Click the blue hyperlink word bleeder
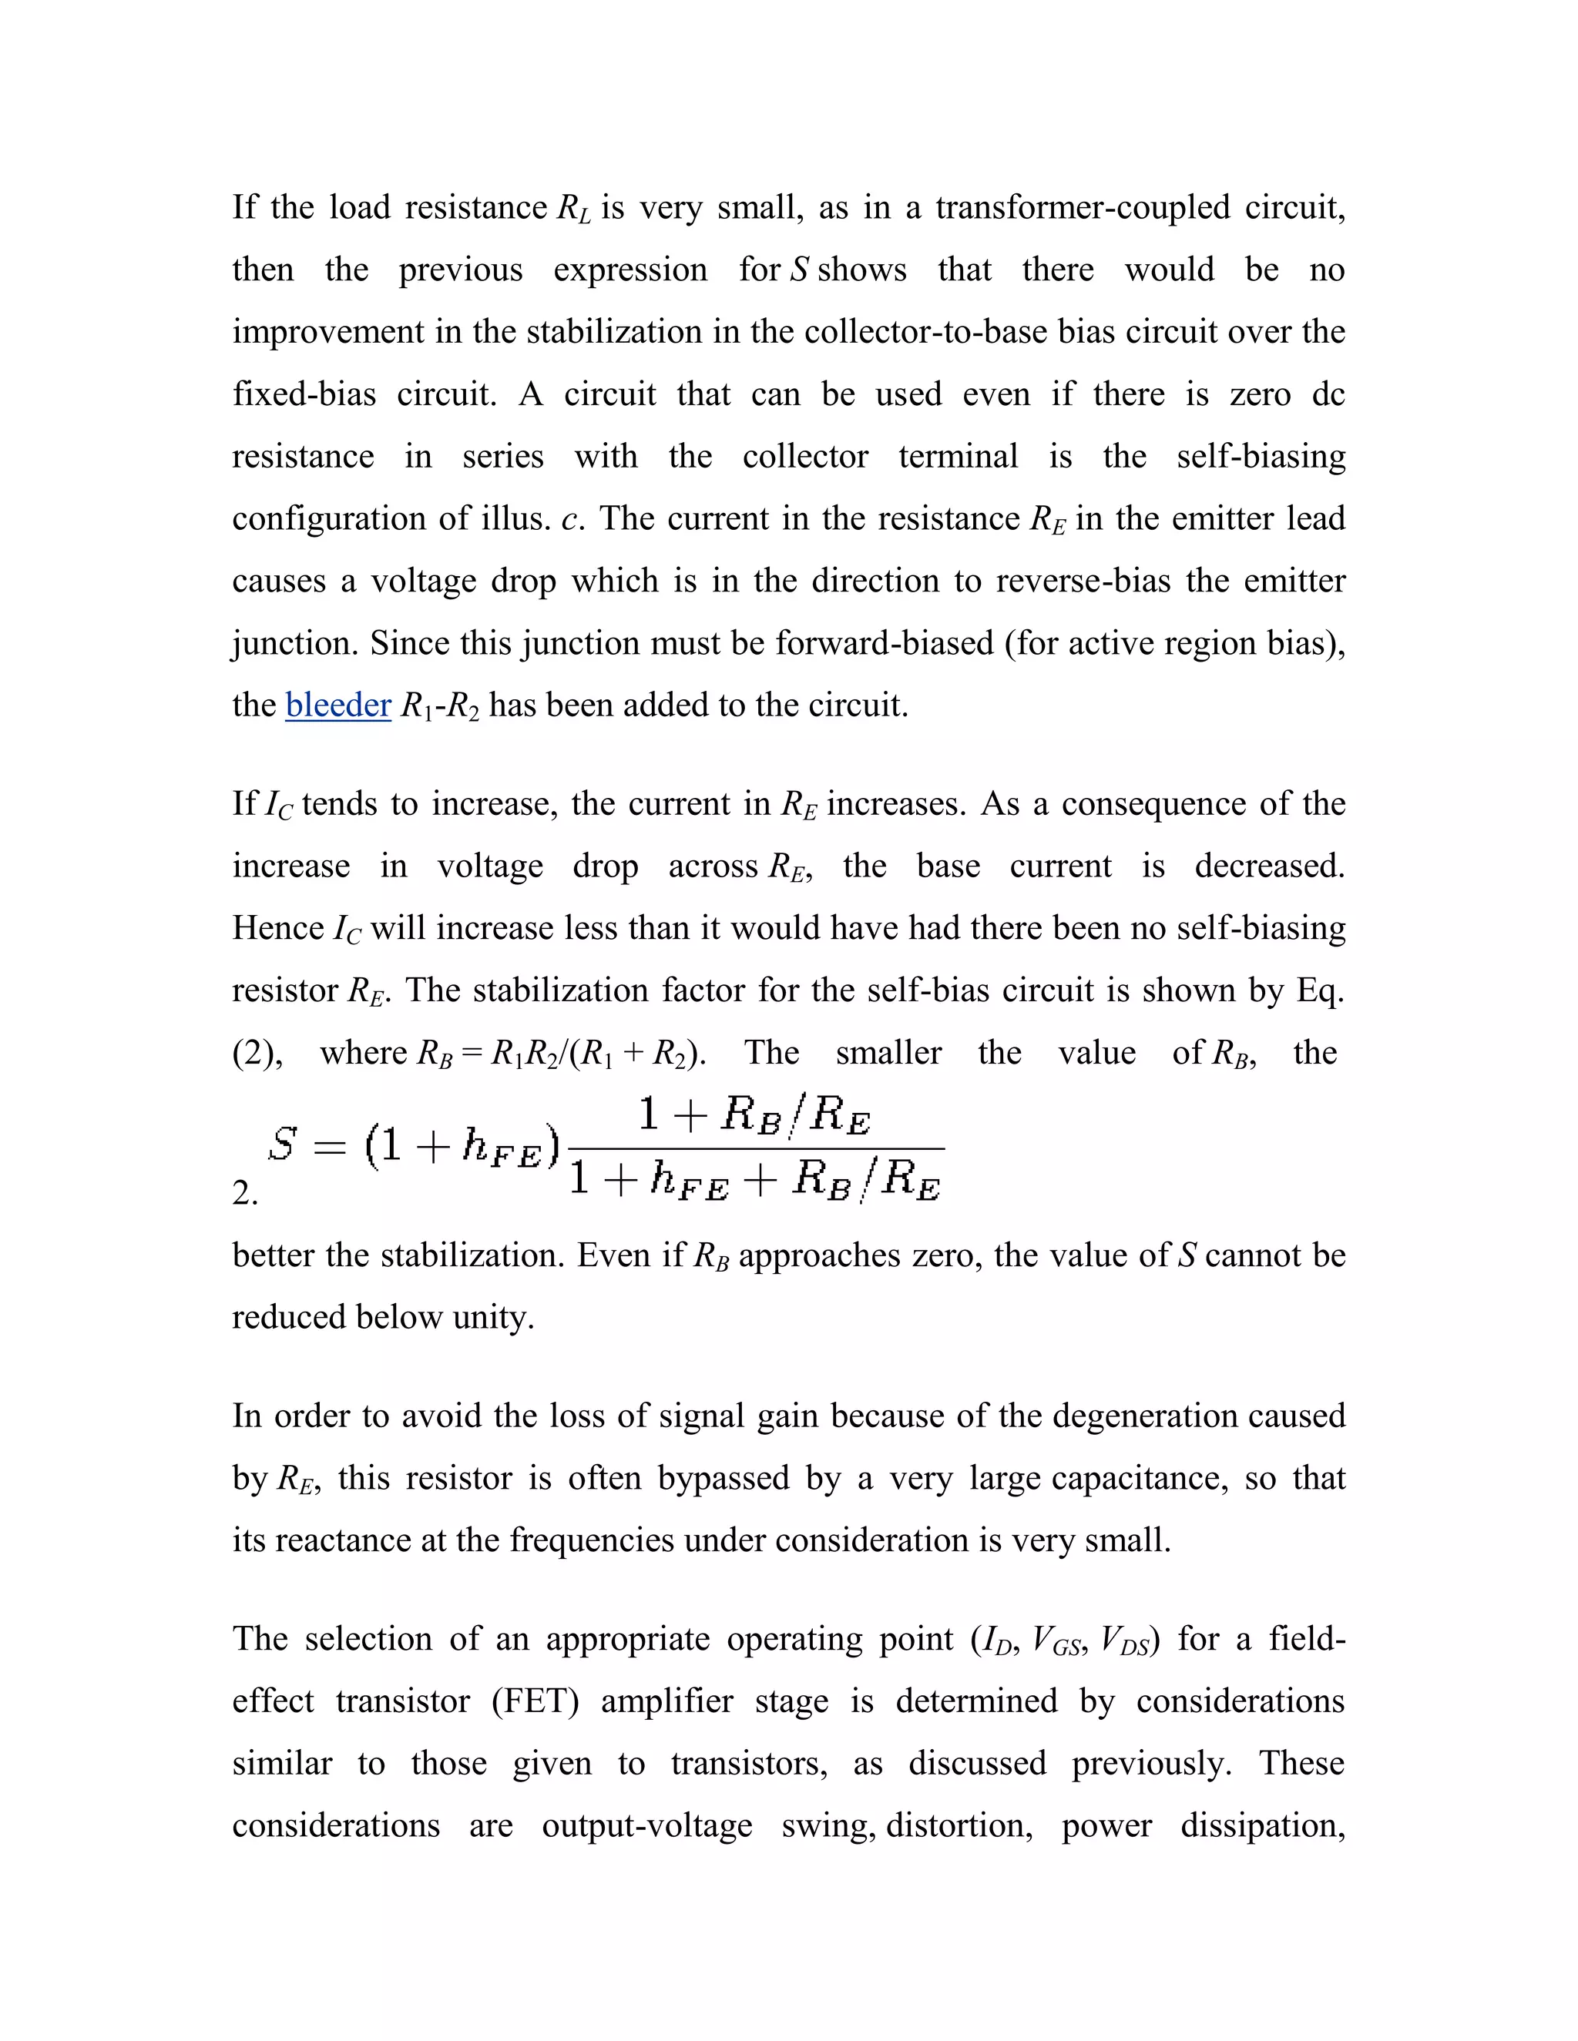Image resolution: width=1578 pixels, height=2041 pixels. [x=337, y=705]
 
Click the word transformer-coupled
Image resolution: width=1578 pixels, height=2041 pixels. [x=1083, y=206]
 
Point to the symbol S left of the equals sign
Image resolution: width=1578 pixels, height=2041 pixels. [x=282, y=1143]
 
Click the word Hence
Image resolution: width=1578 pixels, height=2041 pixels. [x=277, y=927]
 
